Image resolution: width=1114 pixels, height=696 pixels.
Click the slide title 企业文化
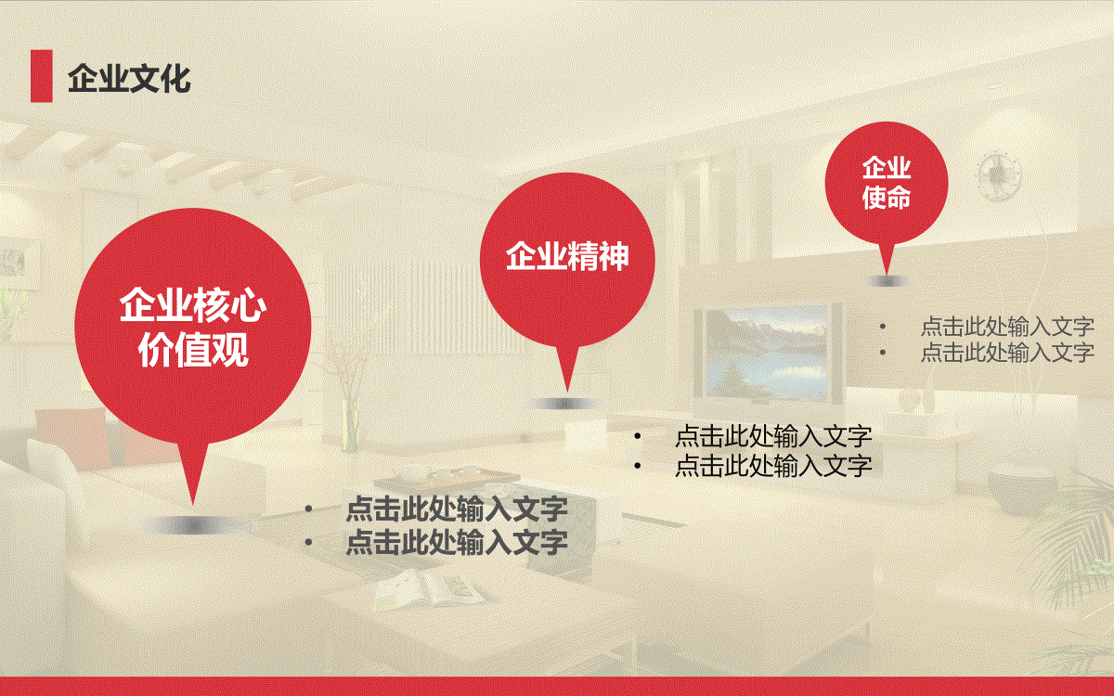pyautogui.click(x=129, y=79)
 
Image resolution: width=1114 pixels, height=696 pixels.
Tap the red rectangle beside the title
pyautogui.click(x=41, y=76)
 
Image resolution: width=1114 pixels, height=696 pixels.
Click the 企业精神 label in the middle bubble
pyautogui.click(x=567, y=256)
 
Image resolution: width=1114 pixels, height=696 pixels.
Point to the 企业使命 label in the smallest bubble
pyautogui.click(x=887, y=183)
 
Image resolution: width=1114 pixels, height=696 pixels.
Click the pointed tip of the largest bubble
pyautogui.click(x=192, y=505)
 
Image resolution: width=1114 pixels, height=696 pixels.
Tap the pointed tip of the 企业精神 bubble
pyautogui.click(x=567, y=393)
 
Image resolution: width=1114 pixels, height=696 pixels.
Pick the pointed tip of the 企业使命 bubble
pyautogui.click(x=886, y=274)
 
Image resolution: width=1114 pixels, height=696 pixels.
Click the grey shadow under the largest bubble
pyautogui.click(x=192, y=525)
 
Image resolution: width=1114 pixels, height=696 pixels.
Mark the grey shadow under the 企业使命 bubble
pyautogui.click(x=887, y=282)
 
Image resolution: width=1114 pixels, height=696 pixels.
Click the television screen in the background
pyautogui.click(x=769, y=353)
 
